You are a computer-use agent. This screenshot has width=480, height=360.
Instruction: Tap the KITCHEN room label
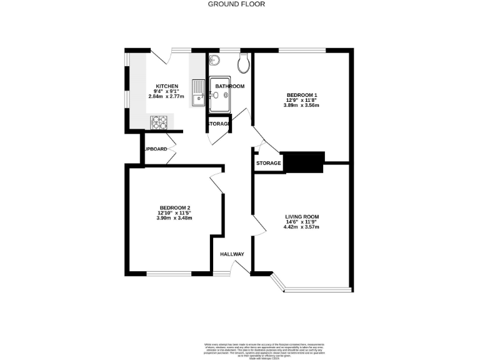pyautogui.click(x=167, y=86)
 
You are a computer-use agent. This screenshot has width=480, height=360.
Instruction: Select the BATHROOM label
pyautogui.click(x=229, y=86)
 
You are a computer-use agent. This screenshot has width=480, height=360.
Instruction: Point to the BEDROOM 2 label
pyautogui.click(x=174, y=207)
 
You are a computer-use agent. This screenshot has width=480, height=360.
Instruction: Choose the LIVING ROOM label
pyautogui.click(x=302, y=216)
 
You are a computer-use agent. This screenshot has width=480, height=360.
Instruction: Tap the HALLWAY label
pyautogui.click(x=232, y=254)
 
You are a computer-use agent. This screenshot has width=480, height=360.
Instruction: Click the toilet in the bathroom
pyautogui.click(x=244, y=61)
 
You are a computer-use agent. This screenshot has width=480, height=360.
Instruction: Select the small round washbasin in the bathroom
pyautogui.click(x=215, y=60)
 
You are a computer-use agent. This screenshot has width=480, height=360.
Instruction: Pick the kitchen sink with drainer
pyautogui.click(x=199, y=92)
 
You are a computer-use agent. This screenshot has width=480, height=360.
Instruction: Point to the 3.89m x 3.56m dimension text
pyautogui.click(x=301, y=106)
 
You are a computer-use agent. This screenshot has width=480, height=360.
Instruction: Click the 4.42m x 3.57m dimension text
pyautogui.click(x=302, y=227)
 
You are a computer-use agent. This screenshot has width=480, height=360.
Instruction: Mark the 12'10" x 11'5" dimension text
pyautogui.click(x=174, y=212)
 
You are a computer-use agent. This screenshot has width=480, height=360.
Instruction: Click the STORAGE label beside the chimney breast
pyautogui.click(x=268, y=164)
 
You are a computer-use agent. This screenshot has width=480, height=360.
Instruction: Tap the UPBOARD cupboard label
pyautogui.click(x=156, y=149)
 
